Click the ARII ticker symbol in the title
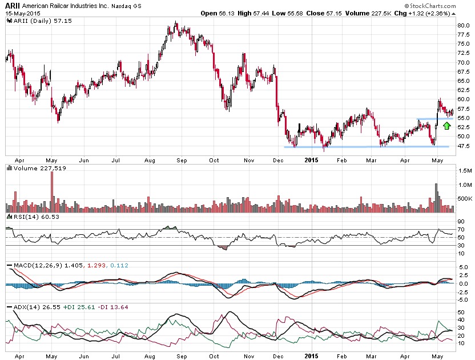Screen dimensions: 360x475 13,5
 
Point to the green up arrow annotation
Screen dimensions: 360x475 446,125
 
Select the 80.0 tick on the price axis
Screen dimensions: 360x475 463,25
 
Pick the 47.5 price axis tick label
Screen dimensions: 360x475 463,146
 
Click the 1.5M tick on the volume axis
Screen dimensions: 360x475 464,171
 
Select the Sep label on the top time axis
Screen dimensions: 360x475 182,160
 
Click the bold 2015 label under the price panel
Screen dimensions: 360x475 311,161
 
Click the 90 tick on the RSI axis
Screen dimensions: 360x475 460,222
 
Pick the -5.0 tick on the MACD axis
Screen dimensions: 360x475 462,299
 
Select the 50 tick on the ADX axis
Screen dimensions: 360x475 460,312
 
